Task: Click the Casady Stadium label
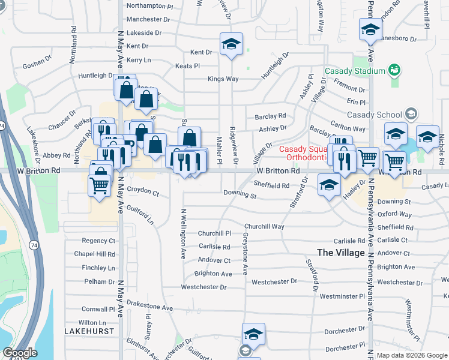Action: tap(354, 71)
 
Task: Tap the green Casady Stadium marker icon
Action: tap(394, 71)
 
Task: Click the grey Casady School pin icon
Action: tap(411, 113)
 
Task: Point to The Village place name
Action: tap(341, 253)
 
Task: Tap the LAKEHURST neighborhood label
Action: tap(89, 331)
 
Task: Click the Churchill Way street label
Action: tap(264, 227)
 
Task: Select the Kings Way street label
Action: tap(223, 79)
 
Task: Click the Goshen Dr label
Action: tap(34, 63)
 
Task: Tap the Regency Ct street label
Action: tap(98, 241)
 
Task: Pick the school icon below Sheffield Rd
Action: tap(329, 186)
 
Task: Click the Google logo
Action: tap(20, 353)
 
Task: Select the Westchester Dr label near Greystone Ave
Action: tap(274, 281)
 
